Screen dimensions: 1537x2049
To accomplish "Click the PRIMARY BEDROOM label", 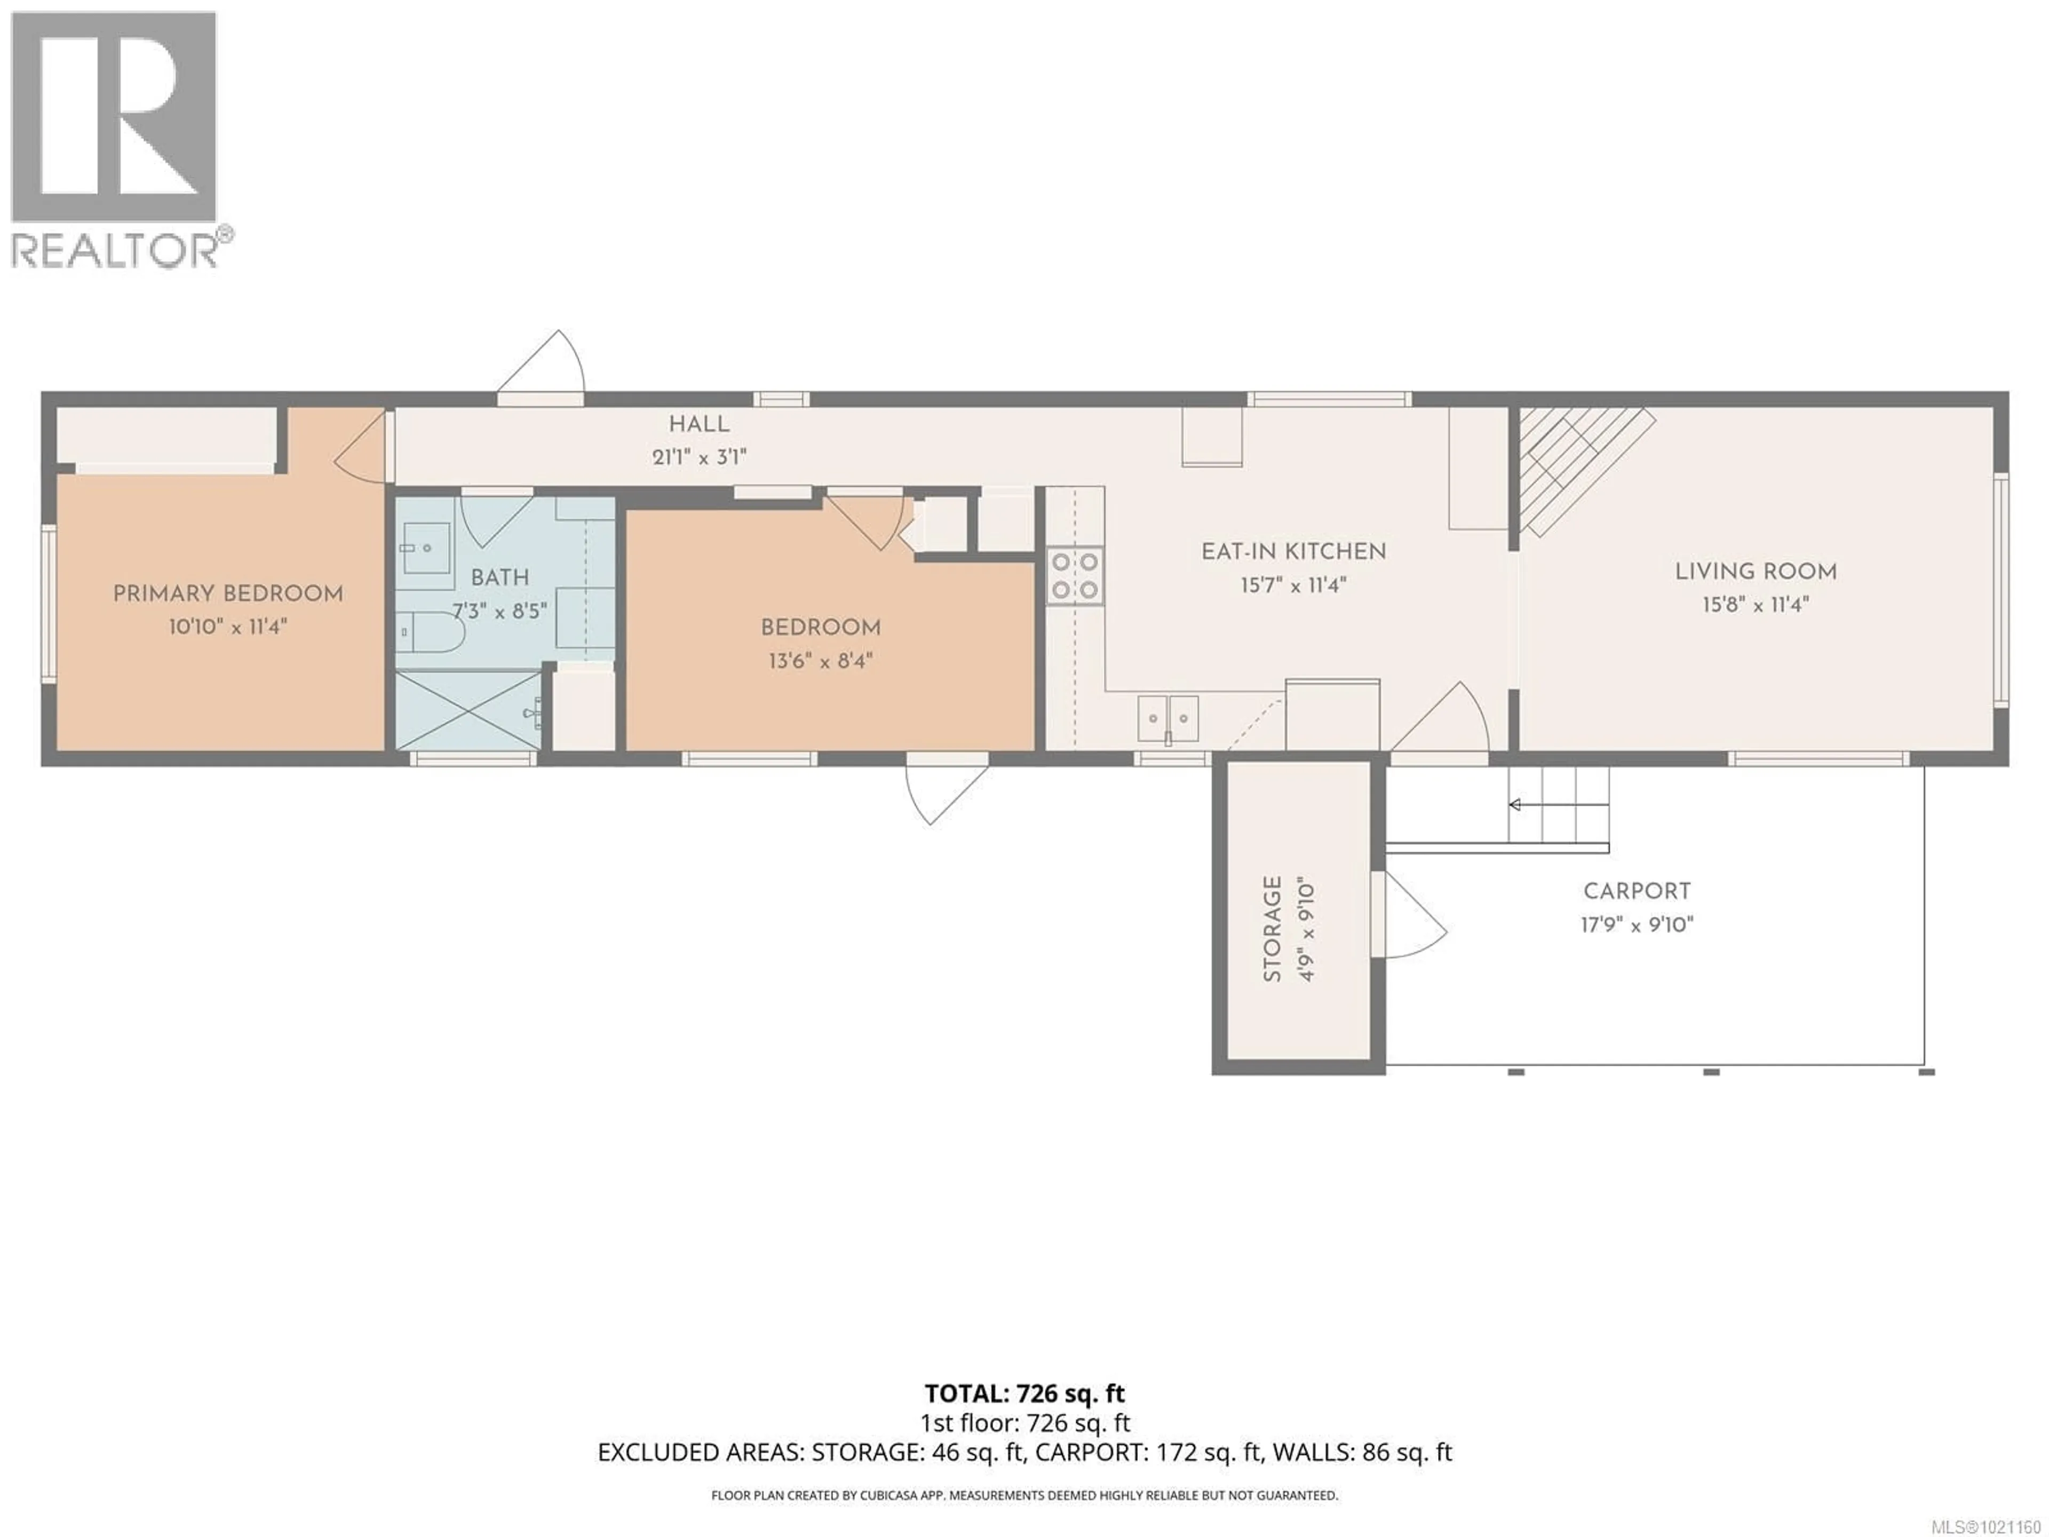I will (x=228, y=594).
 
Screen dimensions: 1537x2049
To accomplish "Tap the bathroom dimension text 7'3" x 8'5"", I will (x=500, y=612).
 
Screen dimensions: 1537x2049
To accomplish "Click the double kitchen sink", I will (x=1168, y=718).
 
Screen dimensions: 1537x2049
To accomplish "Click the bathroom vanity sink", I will (x=427, y=549).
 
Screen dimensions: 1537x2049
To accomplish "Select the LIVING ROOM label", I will (x=1756, y=572).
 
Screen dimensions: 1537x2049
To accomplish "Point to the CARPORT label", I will (x=1637, y=891).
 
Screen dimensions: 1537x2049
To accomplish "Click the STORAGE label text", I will (x=1273, y=929).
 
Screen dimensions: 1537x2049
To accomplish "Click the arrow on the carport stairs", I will (x=1515, y=804).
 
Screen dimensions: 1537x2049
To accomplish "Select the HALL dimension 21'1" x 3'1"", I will (x=700, y=457).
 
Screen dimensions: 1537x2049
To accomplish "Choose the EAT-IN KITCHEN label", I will (x=1293, y=552).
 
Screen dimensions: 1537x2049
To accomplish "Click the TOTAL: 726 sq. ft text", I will (x=1024, y=1393).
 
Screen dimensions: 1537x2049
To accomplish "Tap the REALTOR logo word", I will (x=116, y=250).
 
